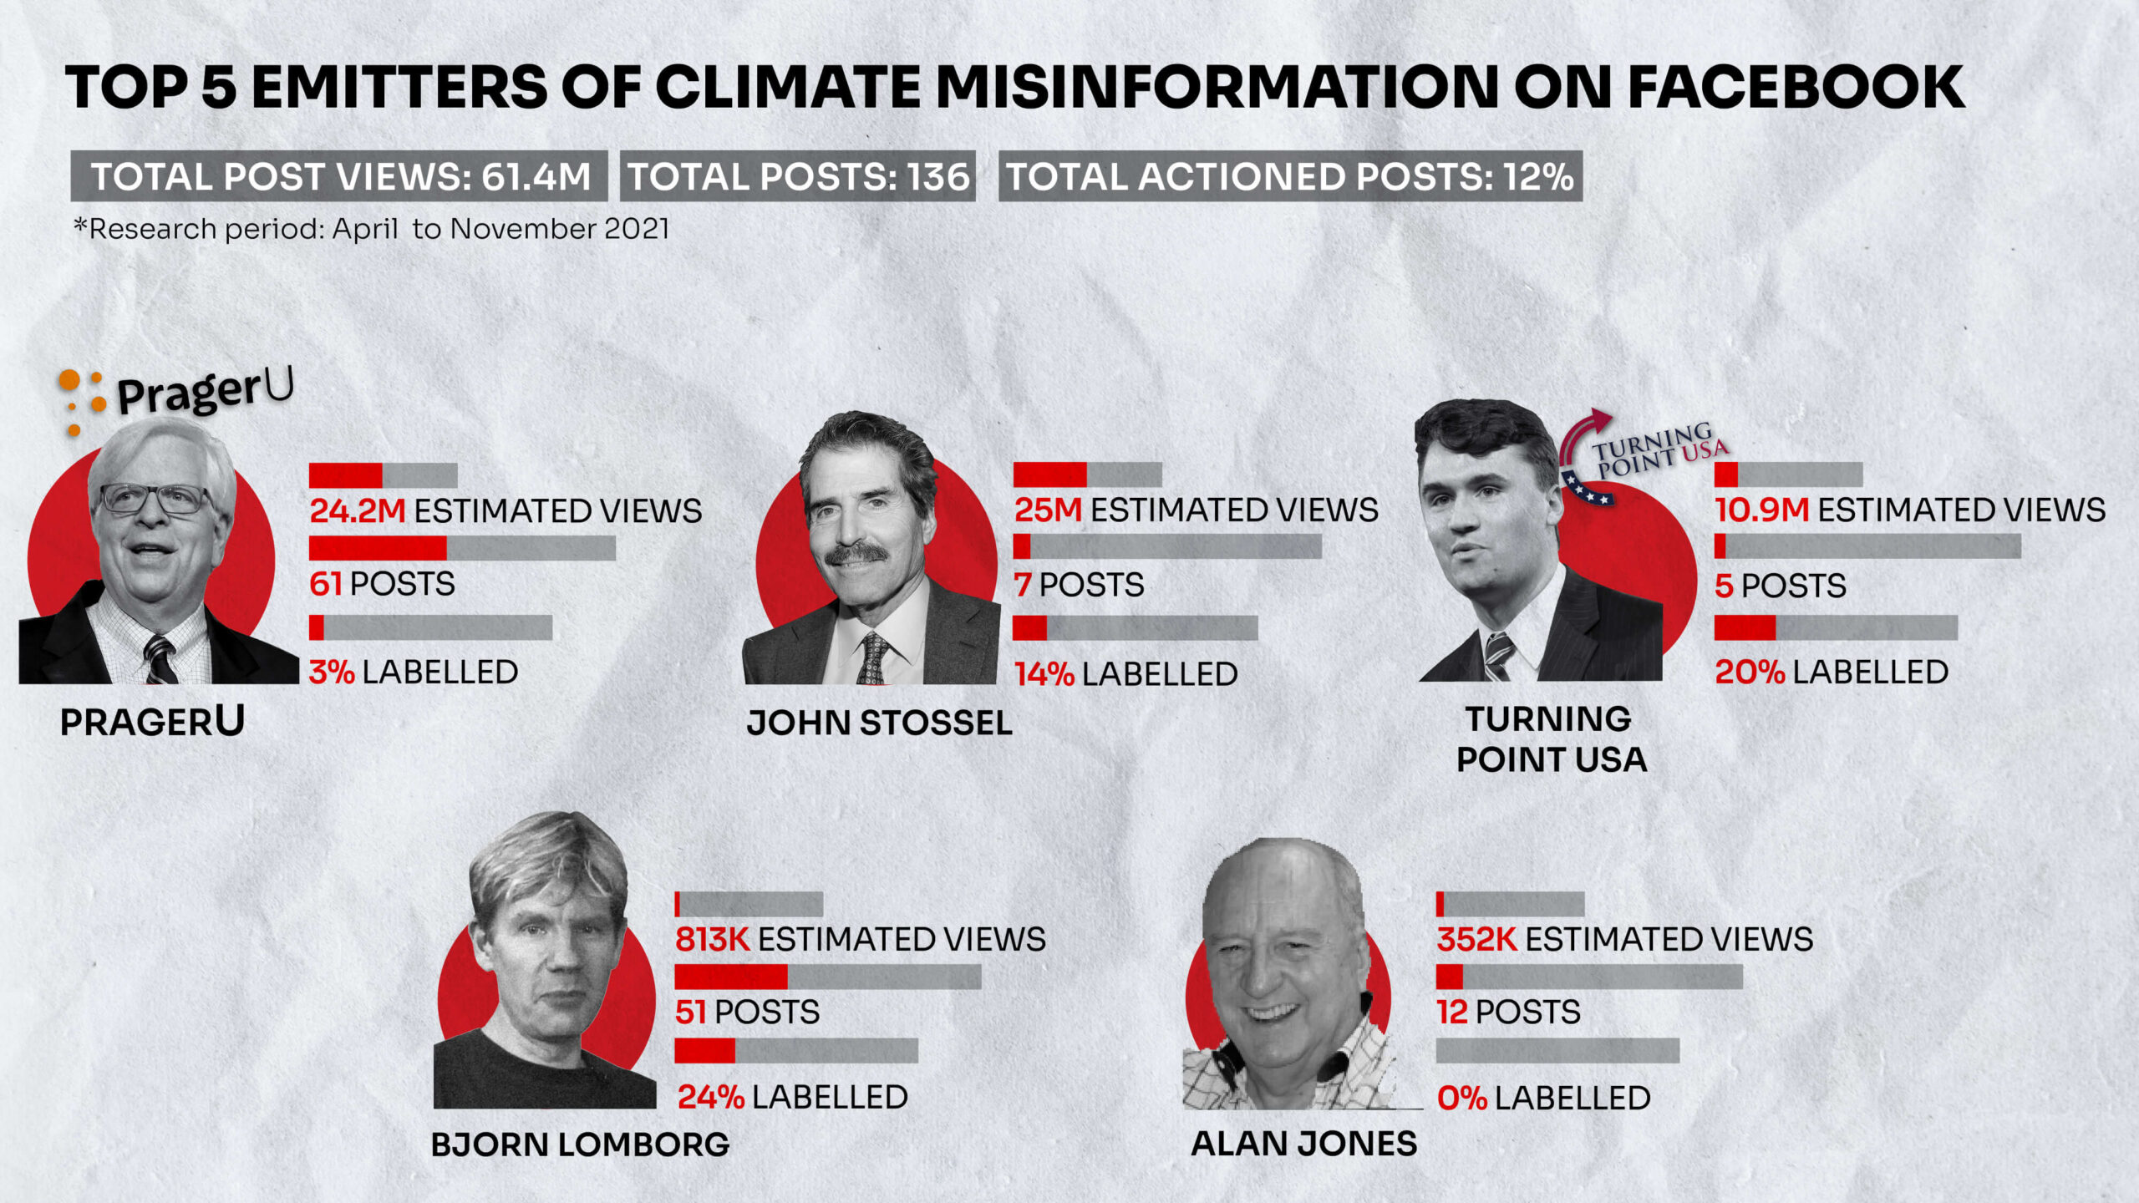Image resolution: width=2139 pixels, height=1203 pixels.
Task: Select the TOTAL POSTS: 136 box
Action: point(798,176)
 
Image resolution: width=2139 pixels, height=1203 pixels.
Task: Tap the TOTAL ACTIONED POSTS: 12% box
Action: point(1290,176)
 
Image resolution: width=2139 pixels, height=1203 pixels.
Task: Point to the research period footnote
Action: point(372,229)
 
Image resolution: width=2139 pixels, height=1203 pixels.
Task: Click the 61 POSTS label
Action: point(382,584)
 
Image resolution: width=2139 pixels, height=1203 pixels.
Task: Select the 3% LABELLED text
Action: point(414,672)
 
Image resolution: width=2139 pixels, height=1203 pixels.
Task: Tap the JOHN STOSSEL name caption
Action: point(879,723)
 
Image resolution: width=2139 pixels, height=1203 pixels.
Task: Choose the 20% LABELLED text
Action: point(1832,672)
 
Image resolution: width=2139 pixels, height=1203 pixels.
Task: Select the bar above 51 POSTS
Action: point(827,977)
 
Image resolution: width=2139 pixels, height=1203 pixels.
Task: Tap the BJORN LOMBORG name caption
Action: point(580,1144)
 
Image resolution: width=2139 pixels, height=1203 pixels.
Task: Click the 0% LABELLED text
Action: point(1543,1098)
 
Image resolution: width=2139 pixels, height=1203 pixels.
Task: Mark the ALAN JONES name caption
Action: point(1303,1143)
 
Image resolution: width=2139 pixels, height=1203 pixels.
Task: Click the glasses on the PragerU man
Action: point(155,499)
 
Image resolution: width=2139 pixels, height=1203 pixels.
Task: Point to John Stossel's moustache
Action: point(856,553)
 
